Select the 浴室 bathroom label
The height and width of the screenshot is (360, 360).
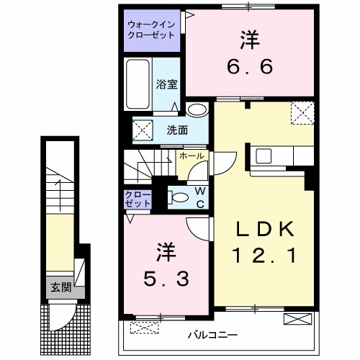point(166,84)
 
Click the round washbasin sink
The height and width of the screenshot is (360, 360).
point(196,110)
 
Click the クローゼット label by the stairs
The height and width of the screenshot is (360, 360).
point(138,199)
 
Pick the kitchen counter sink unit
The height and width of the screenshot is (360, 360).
point(276,155)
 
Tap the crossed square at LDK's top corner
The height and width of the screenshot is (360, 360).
point(301,112)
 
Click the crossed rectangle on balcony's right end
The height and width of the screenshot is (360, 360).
point(296,320)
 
